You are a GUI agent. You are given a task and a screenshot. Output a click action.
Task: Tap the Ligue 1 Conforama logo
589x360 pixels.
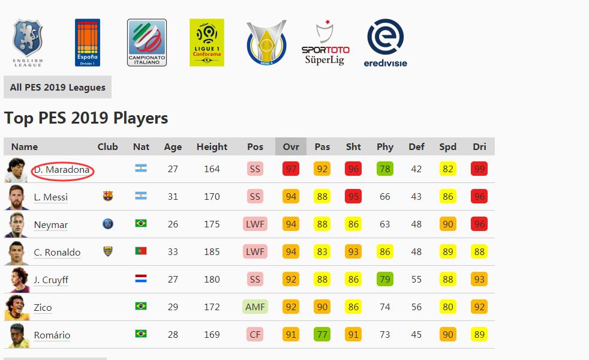[x=206, y=42]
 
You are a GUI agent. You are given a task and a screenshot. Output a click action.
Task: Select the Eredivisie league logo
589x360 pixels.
[x=385, y=43]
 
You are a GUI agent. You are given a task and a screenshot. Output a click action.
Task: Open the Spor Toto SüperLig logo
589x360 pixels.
[x=325, y=43]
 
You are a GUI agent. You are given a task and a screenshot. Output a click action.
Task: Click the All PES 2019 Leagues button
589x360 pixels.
[x=58, y=88]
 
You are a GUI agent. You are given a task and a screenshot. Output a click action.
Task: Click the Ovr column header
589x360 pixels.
[x=291, y=146]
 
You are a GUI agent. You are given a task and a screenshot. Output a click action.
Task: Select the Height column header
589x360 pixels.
[x=212, y=146]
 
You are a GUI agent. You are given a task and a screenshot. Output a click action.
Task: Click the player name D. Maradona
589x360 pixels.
[x=62, y=170]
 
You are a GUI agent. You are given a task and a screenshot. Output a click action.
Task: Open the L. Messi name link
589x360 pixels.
[x=51, y=197]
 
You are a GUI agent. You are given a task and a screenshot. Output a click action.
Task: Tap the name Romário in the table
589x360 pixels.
[x=52, y=335]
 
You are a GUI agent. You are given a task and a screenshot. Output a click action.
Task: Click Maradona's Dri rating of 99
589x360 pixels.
[x=479, y=169]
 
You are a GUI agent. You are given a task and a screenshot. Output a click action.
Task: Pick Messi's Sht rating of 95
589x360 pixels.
[x=353, y=197]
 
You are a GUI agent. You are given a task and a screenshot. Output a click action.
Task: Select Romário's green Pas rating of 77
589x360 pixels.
[x=322, y=335]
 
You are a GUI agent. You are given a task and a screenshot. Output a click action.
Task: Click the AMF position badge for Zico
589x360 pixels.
[x=255, y=307]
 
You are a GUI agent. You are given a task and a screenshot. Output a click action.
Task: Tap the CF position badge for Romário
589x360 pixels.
[x=255, y=335]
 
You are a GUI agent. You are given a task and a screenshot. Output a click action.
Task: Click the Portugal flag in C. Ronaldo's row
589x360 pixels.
[x=141, y=251]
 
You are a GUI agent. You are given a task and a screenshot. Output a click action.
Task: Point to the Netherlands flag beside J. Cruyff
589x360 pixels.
[x=141, y=279]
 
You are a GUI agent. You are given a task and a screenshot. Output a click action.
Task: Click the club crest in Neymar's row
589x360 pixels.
[x=108, y=224]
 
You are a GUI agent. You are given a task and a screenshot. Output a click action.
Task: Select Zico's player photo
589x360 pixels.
[x=14, y=307]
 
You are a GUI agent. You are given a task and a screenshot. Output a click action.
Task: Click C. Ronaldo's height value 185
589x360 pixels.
[x=212, y=252]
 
